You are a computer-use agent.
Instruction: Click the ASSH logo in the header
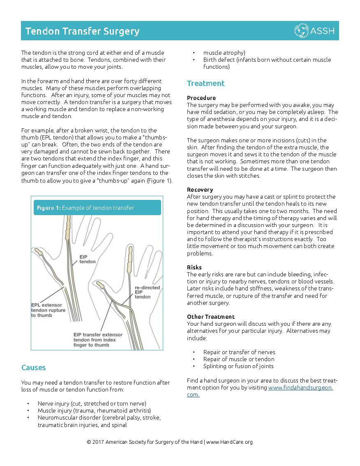point(314,30)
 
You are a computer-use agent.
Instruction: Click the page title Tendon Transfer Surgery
point(83,31)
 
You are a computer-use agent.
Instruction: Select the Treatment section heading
point(205,83)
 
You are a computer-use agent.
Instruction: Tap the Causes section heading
point(34,368)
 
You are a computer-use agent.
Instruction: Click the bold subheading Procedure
point(201,98)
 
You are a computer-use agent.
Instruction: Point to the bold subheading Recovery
point(200,190)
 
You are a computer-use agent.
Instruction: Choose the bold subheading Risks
point(194,267)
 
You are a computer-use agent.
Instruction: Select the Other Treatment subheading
point(211,317)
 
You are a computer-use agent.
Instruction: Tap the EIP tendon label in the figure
point(88,259)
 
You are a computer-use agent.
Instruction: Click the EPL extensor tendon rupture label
point(48,310)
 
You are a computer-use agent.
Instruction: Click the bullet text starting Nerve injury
point(92,403)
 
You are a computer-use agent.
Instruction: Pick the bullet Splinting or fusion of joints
point(238,366)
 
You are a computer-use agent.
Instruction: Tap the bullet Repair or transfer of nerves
point(239,352)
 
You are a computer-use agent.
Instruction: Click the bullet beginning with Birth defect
point(267,63)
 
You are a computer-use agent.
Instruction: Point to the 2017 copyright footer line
point(170,442)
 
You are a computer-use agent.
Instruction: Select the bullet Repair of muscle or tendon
point(239,359)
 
